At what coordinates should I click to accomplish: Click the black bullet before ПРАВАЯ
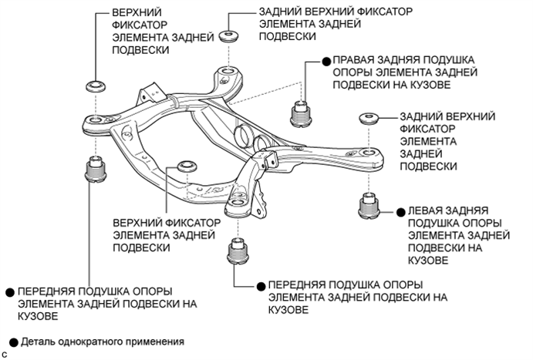pyautogui.click(x=326, y=59)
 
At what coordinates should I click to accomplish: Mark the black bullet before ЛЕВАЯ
pyautogui.click(x=400, y=210)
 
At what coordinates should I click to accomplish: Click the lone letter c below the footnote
pyautogui.click(x=5, y=354)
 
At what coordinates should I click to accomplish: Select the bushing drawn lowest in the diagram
pyautogui.click(x=239, y=251)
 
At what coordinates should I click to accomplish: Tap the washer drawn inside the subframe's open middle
pyautogui.click(x=185, y=167)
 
